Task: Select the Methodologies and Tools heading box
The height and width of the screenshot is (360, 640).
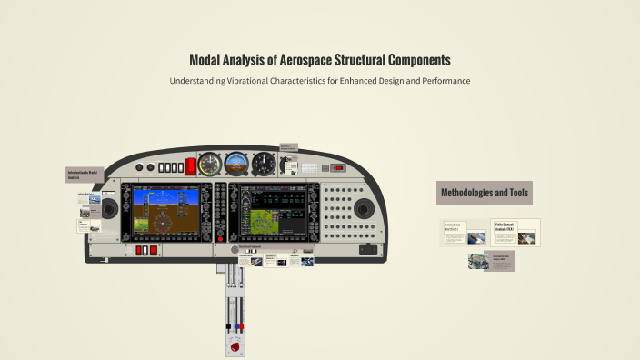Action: click(485, 192)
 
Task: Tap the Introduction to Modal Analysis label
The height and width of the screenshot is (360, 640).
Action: click(81, 174)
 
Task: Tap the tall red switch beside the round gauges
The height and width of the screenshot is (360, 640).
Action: click(191, 165)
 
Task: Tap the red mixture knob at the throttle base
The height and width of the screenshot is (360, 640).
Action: click(235, 346)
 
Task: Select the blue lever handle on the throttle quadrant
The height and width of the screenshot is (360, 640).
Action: click(238, 325)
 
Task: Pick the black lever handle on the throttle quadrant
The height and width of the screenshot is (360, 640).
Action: click(228, 325)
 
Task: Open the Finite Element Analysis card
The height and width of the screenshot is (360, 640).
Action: click(515, 232)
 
